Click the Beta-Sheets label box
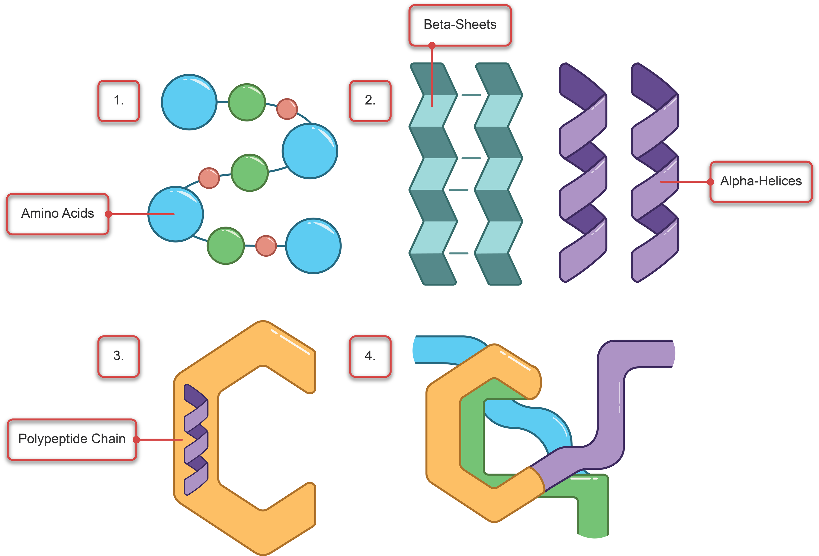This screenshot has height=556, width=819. [x=460, y=25]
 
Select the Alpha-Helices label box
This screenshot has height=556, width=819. [x=761, y=181]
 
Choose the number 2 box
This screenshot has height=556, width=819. [x=370, y=101]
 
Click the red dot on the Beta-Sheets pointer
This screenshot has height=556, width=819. [x=432, y=45]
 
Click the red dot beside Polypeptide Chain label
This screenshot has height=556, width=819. [x=136, y=439]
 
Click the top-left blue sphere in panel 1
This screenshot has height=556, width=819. [x=189, y=102]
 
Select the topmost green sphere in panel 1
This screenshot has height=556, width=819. [x=247, y=102]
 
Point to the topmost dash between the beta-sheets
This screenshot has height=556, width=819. [x=471, y=95]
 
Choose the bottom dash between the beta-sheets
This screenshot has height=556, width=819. [x=459, y=253]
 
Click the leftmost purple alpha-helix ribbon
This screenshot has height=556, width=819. [x=583, y=173]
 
